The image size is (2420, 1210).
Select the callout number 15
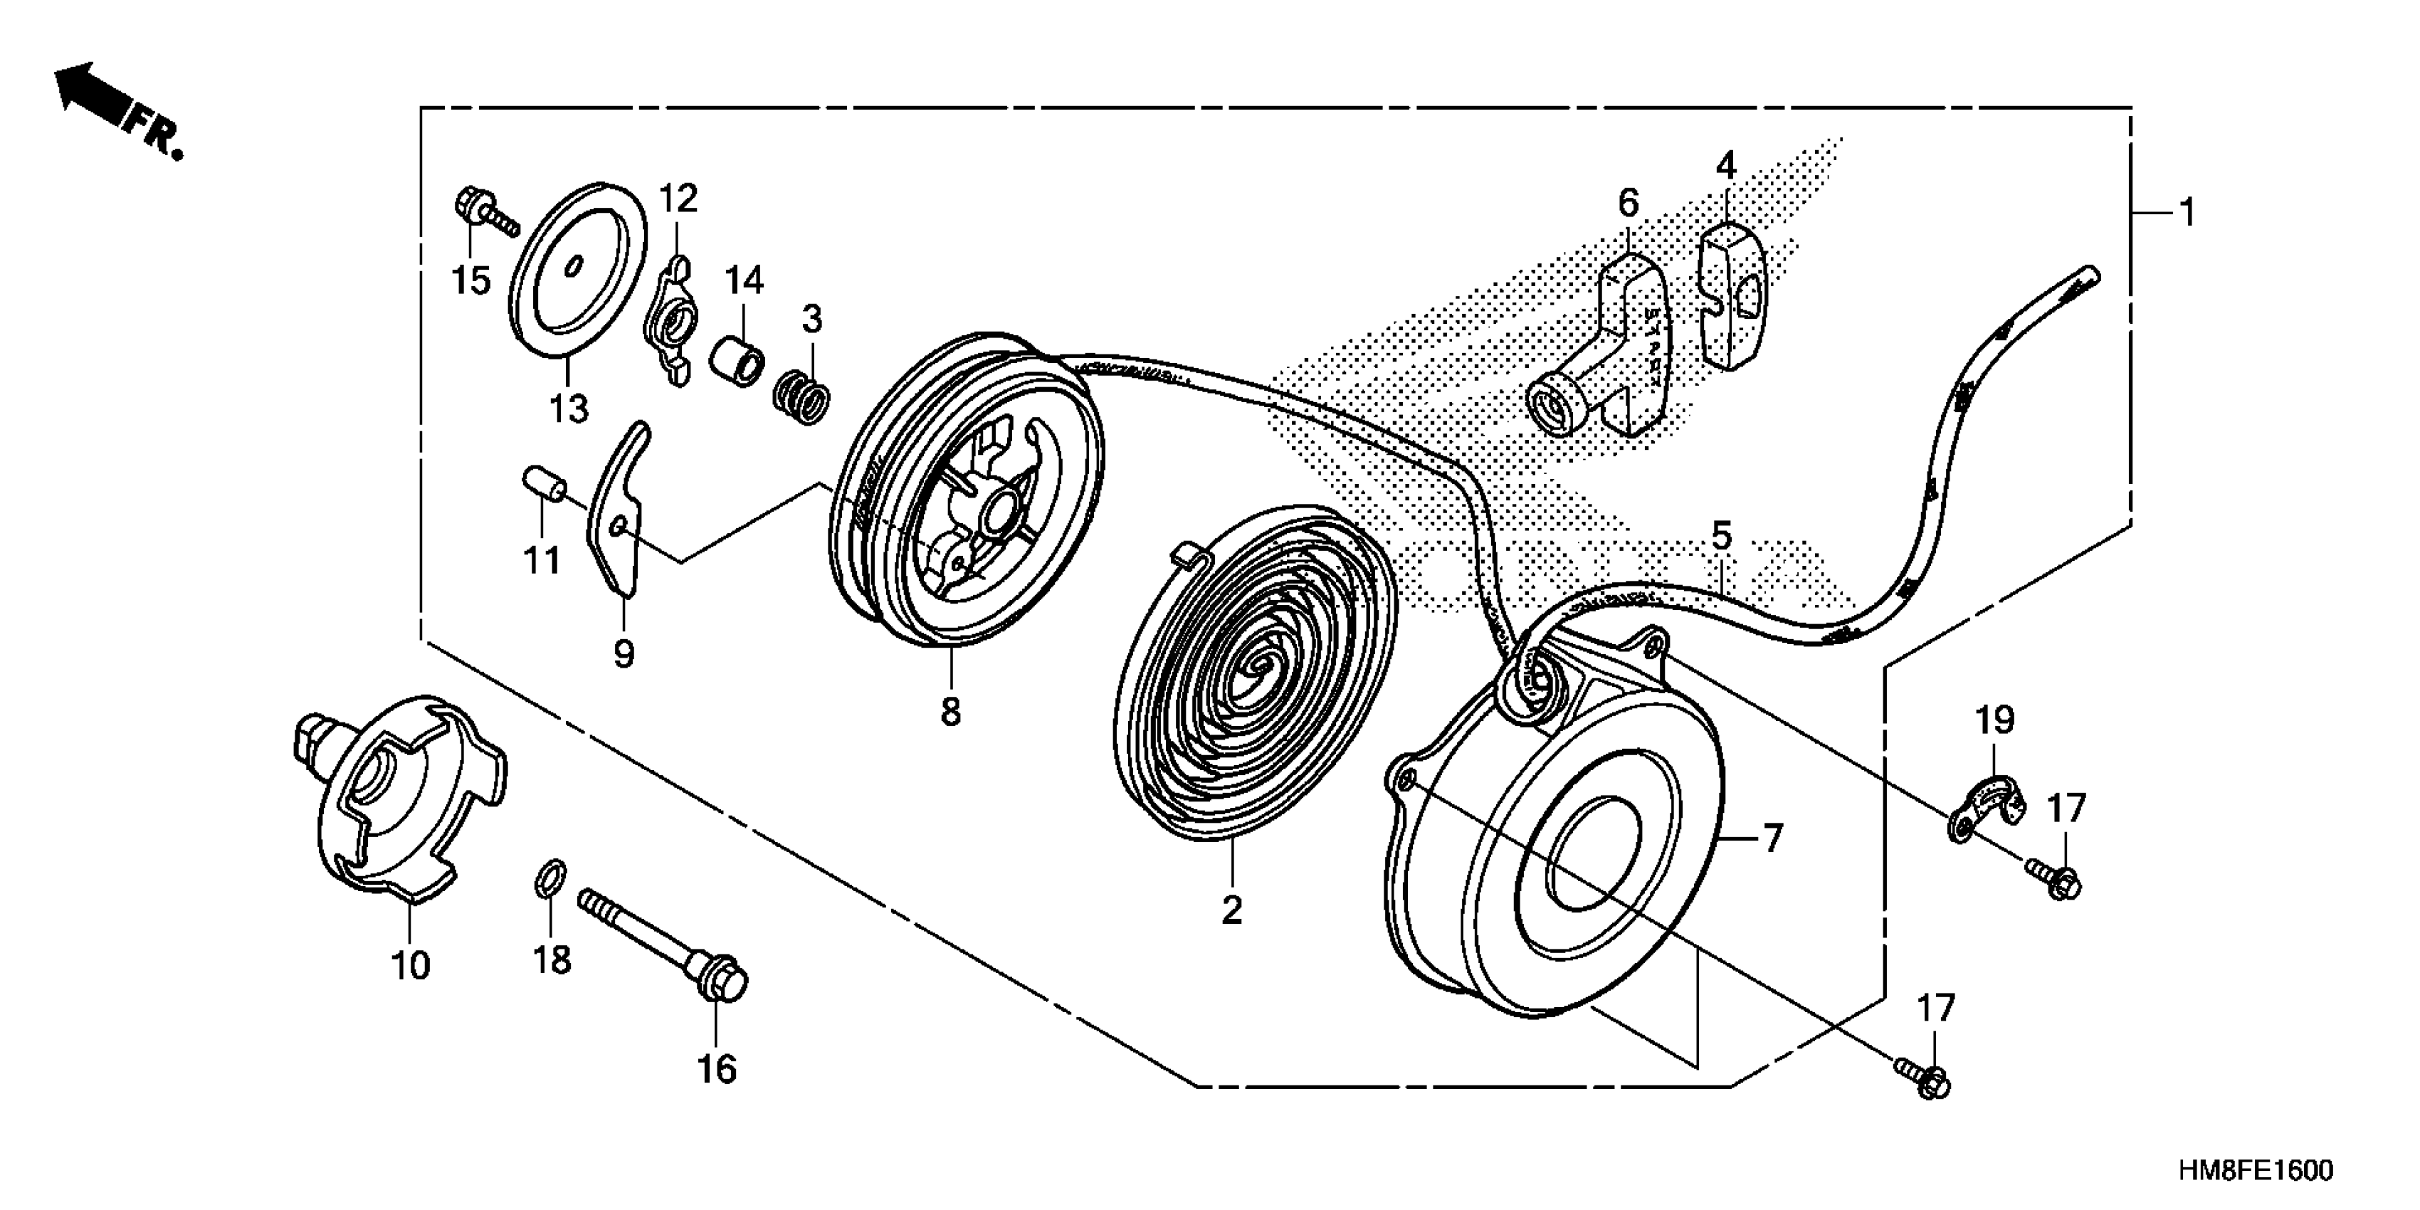(472, 279)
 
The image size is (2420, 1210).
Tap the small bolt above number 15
(483, 214)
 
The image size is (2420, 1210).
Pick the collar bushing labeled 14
(741, 364)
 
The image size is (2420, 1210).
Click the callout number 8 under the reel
(951, 711)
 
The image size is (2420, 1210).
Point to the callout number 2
(1231, 910)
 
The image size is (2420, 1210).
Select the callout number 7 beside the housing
(1772, 838)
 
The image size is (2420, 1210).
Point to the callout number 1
(2188, 214)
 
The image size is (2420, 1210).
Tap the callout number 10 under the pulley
(411, 965)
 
